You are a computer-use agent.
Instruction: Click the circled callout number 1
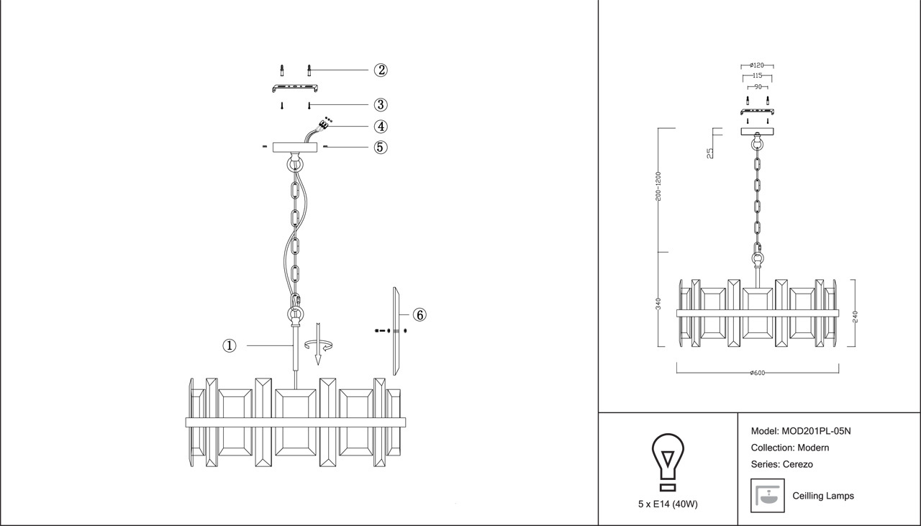coord(229,346)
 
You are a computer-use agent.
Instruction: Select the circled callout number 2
coord(381,71)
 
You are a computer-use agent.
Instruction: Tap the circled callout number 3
coord(381,105)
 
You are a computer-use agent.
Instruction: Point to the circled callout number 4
coord(381,127)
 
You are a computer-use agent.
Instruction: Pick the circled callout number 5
coord(381,148)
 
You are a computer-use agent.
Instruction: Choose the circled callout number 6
coord(419,314)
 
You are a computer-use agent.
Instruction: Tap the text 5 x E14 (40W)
coord(667,504)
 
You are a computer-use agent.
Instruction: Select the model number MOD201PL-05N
coord(816,432)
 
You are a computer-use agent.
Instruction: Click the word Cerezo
coord(798,464)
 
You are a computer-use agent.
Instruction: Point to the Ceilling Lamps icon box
coord(767,495)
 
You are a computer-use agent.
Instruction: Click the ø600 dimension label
coord(757,373)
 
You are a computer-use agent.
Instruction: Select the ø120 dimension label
coord(756,65)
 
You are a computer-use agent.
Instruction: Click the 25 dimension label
coord(710,153)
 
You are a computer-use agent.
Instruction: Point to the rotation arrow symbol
coord(319,345)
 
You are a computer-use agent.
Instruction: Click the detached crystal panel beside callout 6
coord(396,331)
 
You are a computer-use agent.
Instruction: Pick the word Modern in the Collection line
coord(813,448)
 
